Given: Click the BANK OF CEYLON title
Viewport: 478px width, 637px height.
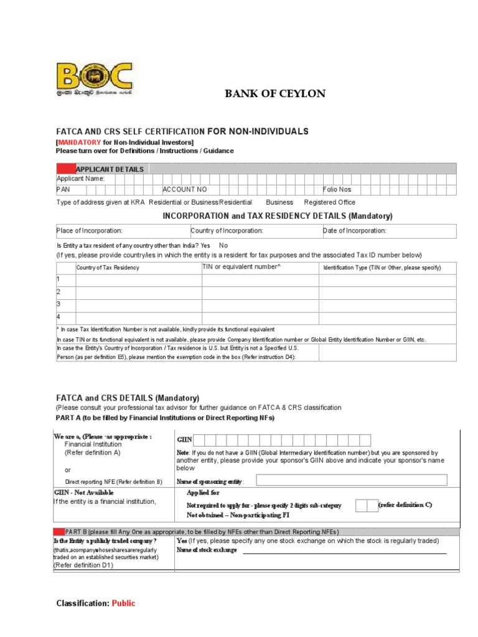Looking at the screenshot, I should (274, 94).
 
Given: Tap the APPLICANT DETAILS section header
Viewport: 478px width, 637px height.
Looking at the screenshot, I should (110, 169).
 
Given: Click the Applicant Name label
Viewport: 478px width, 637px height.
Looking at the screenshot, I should (81, 179).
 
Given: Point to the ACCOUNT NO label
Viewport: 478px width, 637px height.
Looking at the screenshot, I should (185, 189).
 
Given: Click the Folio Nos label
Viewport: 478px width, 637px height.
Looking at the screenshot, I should (337, 189).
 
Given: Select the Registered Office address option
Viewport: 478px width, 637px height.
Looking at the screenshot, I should (329, 202).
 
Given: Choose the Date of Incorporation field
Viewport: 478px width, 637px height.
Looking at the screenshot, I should (388, 231).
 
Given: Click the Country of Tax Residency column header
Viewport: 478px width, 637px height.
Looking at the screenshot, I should (108, 267).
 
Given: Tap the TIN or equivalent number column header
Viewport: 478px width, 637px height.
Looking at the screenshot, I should (241, 267).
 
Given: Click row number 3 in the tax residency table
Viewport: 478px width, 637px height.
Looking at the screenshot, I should (59, 304).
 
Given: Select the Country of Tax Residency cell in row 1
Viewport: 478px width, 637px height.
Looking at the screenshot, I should (138, 280).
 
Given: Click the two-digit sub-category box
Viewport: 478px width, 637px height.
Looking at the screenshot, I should (365, 505).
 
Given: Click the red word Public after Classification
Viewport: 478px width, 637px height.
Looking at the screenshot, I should (123, 603).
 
